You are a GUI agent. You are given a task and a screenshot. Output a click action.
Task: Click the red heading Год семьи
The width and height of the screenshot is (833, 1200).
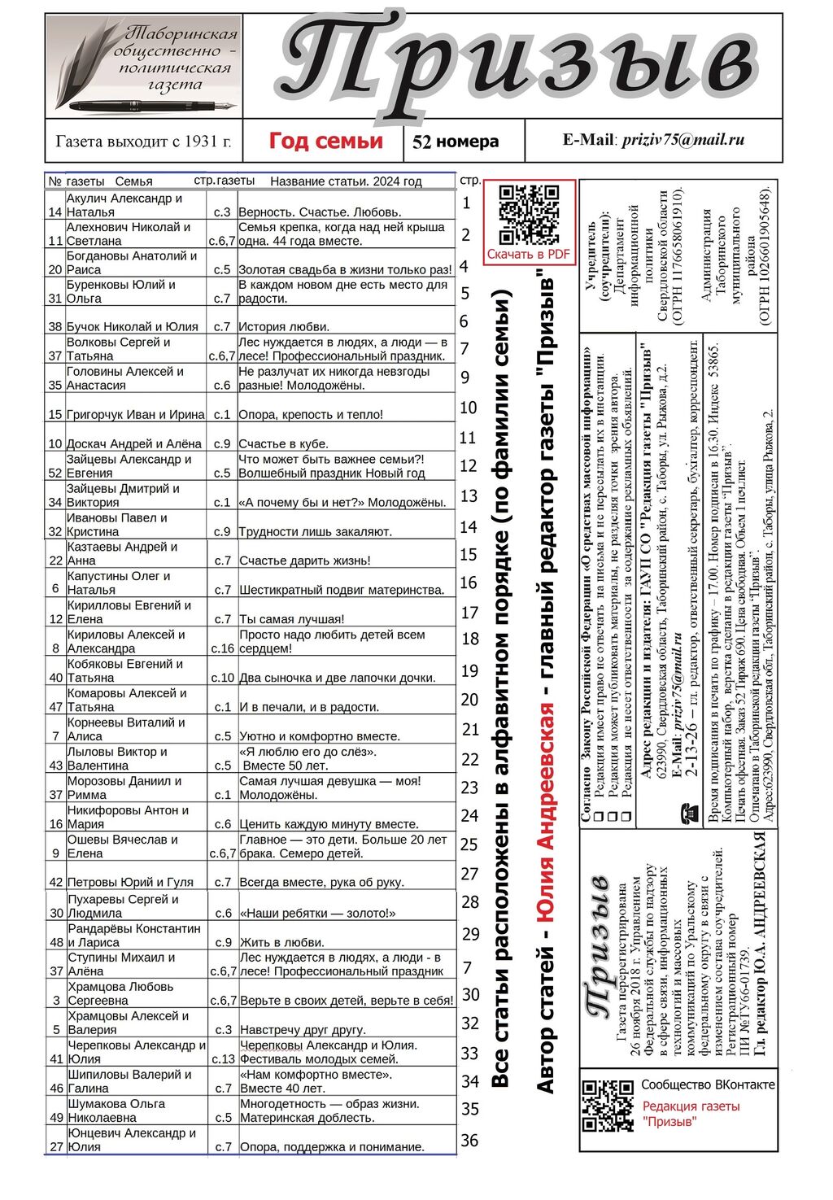(325, 141)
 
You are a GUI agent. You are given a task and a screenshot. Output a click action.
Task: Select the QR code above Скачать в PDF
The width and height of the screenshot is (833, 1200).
(529, 213)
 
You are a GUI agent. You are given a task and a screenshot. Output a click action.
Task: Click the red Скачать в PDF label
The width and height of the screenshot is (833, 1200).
(529, 254)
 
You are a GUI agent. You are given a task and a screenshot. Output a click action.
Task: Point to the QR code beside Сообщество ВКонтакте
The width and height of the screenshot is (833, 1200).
(608, 1105)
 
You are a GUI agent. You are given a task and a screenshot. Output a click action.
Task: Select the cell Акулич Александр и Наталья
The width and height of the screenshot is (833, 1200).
(135, 205)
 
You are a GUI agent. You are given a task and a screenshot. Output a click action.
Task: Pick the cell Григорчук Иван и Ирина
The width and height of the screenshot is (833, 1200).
(135, 414)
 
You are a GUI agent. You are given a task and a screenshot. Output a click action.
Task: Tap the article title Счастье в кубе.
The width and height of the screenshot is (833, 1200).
(283, 443)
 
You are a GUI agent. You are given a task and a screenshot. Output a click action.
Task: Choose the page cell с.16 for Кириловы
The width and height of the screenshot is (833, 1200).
(222, 648)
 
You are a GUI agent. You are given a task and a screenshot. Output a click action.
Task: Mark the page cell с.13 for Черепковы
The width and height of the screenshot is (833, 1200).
(223, 1058)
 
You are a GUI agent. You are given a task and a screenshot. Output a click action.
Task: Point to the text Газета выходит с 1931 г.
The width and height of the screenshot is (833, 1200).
(143, 141)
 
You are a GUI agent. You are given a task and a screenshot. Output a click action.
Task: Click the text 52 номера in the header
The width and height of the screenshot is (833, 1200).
(456, 142)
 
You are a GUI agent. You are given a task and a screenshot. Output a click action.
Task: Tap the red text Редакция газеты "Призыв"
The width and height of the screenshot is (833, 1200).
(691, 1114)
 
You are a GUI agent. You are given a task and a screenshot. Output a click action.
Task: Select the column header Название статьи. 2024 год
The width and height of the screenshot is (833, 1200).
(346, 181)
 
